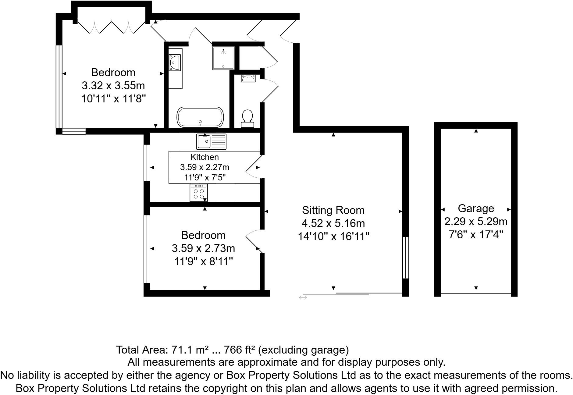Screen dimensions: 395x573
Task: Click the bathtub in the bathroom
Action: [200, 117]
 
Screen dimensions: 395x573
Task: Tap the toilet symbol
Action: [247, 119]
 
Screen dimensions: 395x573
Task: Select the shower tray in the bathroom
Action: [223, 58]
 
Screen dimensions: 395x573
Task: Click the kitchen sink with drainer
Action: [211, 142]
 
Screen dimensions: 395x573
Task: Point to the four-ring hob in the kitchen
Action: [198, 193]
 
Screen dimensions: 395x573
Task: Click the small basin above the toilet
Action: [248, 78]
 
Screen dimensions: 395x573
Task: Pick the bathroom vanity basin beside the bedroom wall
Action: [175, 62]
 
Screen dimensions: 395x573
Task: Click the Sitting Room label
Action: [333, 210]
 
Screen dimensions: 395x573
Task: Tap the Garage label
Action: [476, 208]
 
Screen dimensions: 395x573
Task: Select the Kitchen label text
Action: [205, 157]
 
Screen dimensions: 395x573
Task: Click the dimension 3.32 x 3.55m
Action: [113, 86]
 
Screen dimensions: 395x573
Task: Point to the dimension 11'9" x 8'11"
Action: [204, 262]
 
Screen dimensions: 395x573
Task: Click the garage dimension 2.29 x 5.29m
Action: [476, 222]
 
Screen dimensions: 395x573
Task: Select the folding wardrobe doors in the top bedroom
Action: [111, 27]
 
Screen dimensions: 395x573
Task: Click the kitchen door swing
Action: [252, 167]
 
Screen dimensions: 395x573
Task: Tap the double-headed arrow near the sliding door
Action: [303, 297]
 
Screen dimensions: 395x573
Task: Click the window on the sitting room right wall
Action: [405, 258]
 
